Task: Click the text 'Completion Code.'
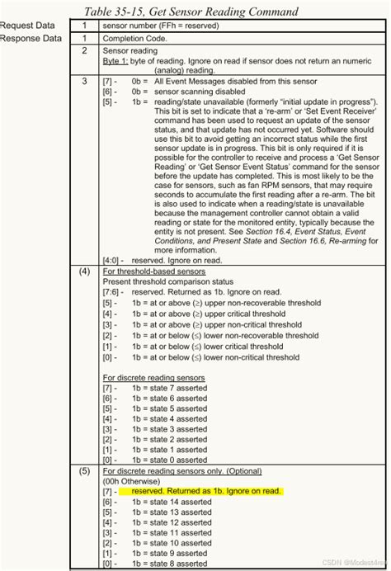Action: pos(139,38)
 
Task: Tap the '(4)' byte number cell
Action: pos(85,270)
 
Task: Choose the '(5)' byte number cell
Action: pos(85,470)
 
